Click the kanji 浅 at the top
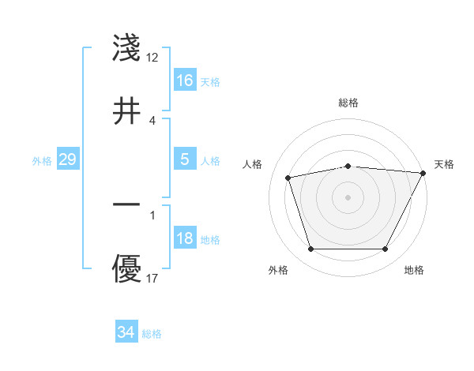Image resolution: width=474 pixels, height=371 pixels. click(127, 49)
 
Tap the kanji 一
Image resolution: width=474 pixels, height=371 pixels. click(127, 204)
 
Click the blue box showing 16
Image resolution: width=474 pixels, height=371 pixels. click(185, 81)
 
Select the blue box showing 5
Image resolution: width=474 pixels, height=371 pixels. click(185, 159)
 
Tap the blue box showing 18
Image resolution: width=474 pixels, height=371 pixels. click(185, 238)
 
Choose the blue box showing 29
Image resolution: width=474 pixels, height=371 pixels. click(68, 159)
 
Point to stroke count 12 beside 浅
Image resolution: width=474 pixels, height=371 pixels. click(152, 58)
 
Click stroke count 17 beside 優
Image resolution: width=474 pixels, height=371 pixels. click(152, 279)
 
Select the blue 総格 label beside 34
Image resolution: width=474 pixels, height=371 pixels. click(152, 334)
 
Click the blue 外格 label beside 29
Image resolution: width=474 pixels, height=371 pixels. click(42, 161)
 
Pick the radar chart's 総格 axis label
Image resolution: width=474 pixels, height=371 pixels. click(348, 103)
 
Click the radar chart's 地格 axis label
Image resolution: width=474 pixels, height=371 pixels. click(414, 270)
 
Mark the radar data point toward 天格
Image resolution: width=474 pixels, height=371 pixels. click(423, 173)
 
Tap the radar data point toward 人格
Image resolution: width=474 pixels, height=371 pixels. click(288, 177)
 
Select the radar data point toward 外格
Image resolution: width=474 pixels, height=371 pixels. click(310, 249)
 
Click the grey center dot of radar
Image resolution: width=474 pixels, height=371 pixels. click(348, 197)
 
